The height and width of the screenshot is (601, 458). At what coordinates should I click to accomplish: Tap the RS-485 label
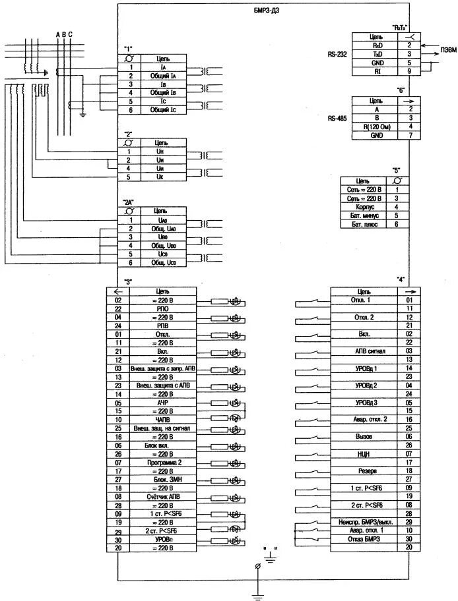[x=337, y=118]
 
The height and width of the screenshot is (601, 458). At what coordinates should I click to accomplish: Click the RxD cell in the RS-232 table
[x=377, y=45]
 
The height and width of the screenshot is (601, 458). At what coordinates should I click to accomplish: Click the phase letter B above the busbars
[x=64, y=34]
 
